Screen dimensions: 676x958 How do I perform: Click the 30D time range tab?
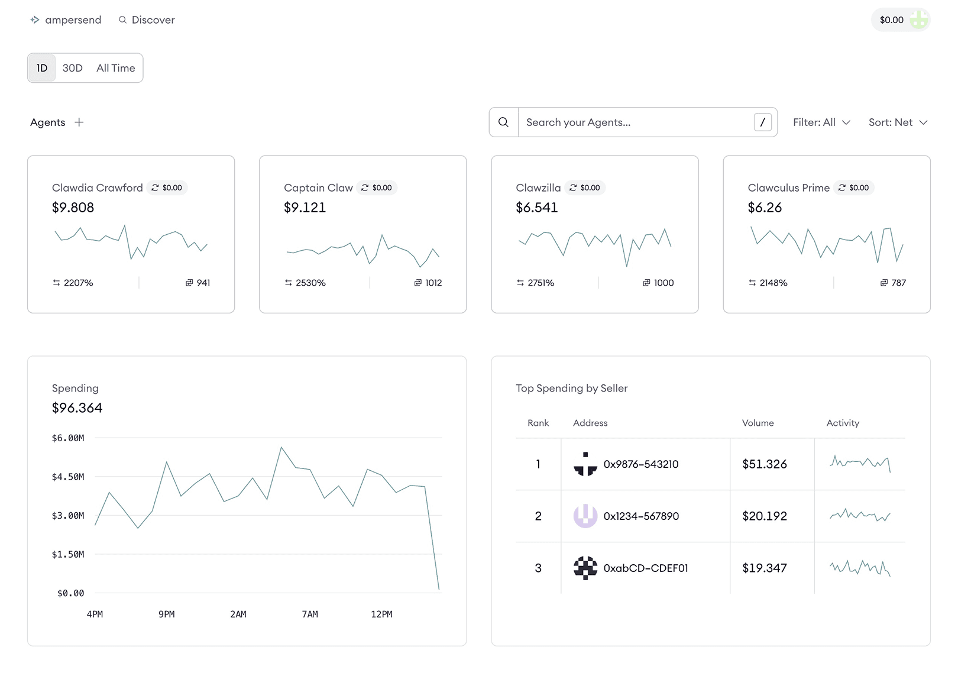click(72, 68)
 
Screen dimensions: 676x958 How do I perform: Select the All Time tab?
click(115, 68)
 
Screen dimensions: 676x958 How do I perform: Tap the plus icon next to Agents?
click(79, 122)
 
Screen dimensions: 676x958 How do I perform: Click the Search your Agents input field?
click(636, 122)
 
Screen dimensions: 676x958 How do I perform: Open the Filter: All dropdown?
click(821, 122)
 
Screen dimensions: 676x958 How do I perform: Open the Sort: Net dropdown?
click(897, 122)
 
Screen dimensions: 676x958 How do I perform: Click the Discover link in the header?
click(147, 20)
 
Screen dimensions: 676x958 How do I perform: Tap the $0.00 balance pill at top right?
click(899, 20)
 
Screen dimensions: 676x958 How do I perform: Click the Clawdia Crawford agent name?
click(98, 188)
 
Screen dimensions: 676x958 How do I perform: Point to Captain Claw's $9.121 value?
click(305, 208)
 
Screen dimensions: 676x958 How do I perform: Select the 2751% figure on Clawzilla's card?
click(541, 283)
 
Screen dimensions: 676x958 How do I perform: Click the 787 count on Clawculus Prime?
click(898, 283)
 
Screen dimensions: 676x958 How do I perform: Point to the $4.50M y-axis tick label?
click(68, 477)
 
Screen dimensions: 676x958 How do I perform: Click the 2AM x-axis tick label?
click(238, 614)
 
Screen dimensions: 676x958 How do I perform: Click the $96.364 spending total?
click(77, 408)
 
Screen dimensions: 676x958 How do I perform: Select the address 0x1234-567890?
click(641, 516)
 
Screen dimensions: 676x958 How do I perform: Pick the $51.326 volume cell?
click(764, 464)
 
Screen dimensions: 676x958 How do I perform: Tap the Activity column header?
click(842, 423)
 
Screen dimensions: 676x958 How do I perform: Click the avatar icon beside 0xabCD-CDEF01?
click(585, 568)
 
